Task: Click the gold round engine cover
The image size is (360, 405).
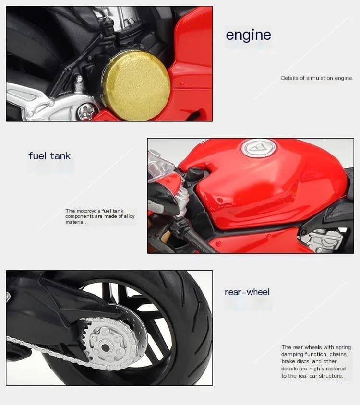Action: coord(137,85)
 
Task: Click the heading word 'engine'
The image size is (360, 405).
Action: coord(248,36)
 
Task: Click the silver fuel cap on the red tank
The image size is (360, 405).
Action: coord(259,148)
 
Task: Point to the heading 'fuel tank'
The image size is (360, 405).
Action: coord(49,156)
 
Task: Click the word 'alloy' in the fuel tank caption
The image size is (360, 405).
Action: coord(129,216)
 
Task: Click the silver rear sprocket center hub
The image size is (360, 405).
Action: coord(106,346)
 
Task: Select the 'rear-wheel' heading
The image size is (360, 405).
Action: coord(247,292)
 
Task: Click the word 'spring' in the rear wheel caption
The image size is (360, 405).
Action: coord(343,348)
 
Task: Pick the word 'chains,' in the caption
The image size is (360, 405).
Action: coord(338,354)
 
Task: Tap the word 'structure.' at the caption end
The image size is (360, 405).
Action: coord(331,376)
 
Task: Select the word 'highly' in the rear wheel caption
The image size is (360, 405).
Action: coord(318,369)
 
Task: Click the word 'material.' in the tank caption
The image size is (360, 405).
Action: coord(75,222)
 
